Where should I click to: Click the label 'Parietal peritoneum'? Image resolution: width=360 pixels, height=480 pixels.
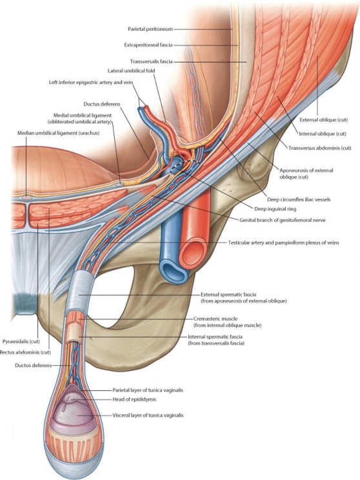click(150, 29)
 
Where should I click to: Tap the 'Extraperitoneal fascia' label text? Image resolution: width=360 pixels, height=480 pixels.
click(148, 45)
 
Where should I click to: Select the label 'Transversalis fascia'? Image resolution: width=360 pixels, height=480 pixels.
click(151, 61)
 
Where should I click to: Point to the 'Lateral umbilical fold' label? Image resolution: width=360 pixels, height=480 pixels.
click(132, 71)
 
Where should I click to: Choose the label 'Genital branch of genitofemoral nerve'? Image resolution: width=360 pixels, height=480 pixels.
click(282, 220)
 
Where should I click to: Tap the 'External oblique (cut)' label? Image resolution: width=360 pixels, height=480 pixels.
click(324, 120)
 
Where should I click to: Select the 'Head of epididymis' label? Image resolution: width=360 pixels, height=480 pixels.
click(132, 399)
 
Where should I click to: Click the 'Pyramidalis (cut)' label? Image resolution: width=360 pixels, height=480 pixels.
click(21, 341)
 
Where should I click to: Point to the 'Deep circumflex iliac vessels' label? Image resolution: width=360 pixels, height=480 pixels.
click(299, 199)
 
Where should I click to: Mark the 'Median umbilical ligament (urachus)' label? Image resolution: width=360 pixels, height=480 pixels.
click(59, 133)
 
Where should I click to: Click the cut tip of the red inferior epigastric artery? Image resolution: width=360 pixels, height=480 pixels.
click(146, 108)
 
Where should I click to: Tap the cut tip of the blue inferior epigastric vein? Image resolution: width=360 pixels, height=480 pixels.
click(140, 109)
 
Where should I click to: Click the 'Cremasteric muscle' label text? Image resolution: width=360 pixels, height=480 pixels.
click(215, 319)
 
